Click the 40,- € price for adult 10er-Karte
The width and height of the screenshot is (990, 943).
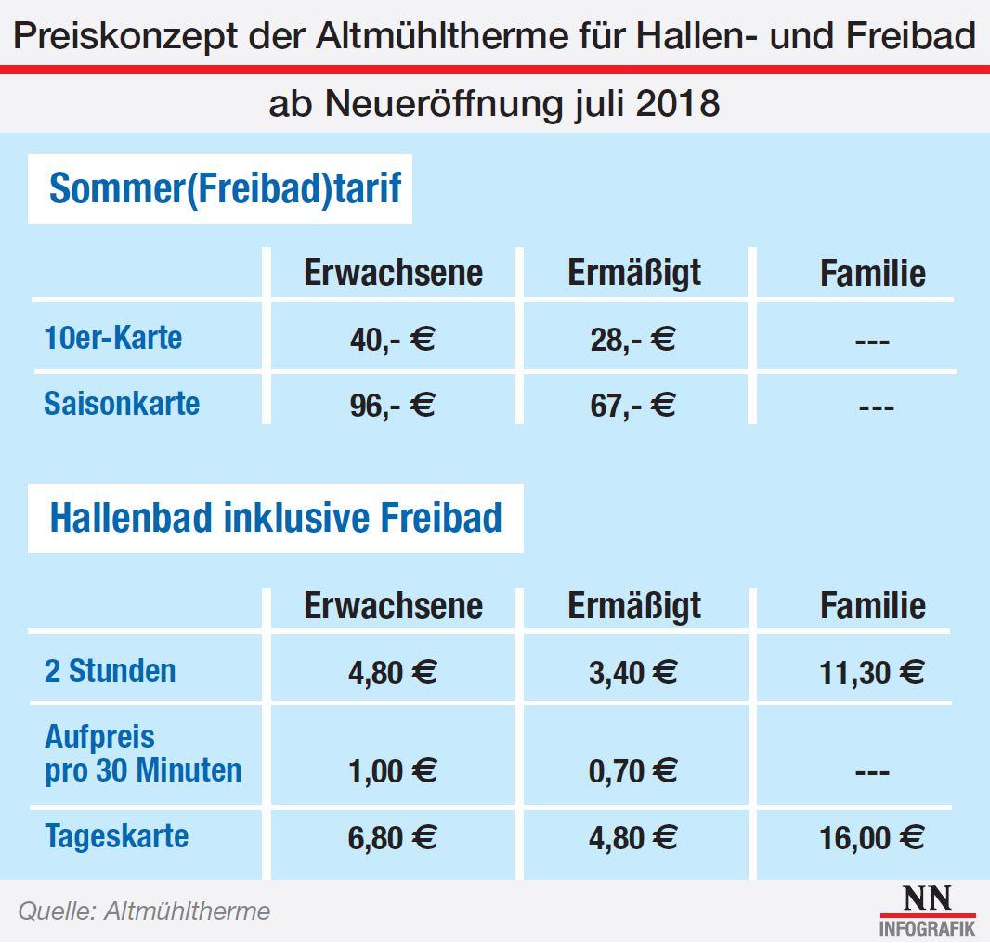pos(393,340)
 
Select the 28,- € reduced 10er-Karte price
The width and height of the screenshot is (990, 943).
pos(632,340)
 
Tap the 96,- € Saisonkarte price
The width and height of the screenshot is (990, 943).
pos(393,406)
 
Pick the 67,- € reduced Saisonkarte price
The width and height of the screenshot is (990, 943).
pos(632,406)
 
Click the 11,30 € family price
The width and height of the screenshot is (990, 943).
pos(871,672)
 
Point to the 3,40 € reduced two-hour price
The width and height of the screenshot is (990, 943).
pos(632,672)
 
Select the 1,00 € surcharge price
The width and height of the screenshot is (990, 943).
pos(393,771)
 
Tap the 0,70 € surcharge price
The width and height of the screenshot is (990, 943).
pos(632,771)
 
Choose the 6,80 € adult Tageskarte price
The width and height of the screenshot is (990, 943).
pos(393,838)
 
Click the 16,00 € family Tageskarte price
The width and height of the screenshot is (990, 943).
pos(871,838)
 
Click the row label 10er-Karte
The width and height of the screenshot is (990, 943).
pos(113,338)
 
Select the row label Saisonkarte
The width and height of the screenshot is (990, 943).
pos(122,404)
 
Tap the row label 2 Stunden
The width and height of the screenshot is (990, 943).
pos(110,670)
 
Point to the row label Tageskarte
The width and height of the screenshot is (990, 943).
pos(116,836)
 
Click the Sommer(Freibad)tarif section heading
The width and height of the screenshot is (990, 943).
pos(225,188)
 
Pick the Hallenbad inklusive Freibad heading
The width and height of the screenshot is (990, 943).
pos(276,518)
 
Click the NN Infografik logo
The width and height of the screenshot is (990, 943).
pos(926,910)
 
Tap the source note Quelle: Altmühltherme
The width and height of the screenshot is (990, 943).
pos(144,911)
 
